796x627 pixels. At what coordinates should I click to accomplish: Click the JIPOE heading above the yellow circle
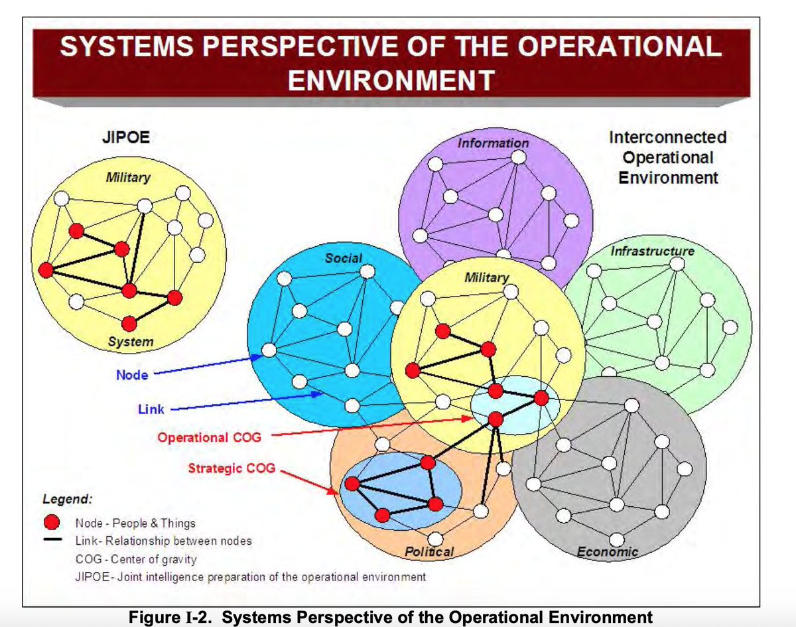click(x=126, y=137)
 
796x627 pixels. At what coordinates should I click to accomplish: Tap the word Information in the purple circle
click(x=493, y=143)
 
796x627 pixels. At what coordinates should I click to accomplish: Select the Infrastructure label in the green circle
click(x=653, y=251)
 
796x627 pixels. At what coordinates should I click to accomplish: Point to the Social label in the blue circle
click(x=344, y=258)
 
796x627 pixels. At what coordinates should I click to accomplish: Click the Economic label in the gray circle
click(x=608, y=551)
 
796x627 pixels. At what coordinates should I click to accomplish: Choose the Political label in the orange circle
click(x=429, y=551)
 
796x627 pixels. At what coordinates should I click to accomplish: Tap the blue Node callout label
click(x=132, y=375)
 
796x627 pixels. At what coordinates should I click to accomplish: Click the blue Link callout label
click(x=151, y=409)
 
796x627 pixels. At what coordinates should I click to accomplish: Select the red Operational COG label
click(x=210, y=437)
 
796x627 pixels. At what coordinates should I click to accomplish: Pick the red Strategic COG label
click(x=232, y=468)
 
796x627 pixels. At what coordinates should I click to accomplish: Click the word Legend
click(x=67, y=499)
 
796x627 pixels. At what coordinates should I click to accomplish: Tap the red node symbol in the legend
click(x=52, y=522)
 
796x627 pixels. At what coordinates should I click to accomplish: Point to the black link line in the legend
click(x=52, y=539)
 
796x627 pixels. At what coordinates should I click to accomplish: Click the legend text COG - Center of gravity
click(x=136, y=559)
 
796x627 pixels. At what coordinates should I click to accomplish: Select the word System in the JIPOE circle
click(x=131, y=341)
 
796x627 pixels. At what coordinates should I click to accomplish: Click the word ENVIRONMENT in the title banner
click(x=391, y=80)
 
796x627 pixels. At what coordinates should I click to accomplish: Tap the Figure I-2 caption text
click(x=391, y=617)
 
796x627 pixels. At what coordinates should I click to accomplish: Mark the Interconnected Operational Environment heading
click(x=668, y=158)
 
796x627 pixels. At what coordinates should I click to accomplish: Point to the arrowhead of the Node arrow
click(x=259, y=357)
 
